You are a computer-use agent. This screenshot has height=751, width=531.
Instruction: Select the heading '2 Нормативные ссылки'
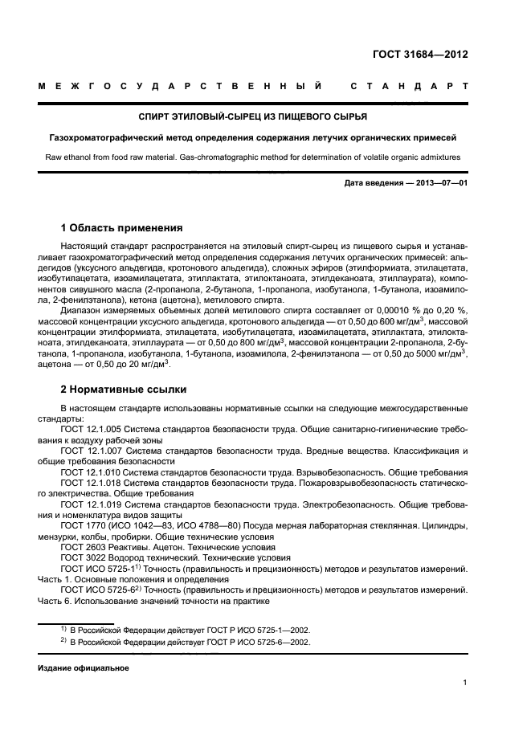(x=124, y=390)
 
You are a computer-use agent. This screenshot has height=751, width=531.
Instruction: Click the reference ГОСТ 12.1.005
(x=88, y=430)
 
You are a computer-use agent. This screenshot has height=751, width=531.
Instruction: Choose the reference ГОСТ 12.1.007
(x=88, y=451)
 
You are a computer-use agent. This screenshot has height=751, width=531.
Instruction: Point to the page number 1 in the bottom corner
(x=465, y=683)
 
